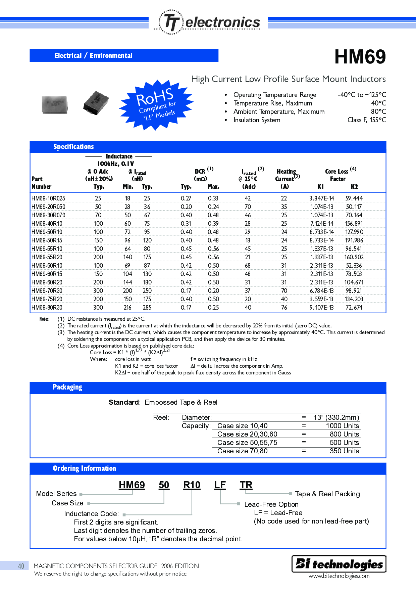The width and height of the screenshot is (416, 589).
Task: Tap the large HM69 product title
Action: pyautogui.click(x=360, y=57)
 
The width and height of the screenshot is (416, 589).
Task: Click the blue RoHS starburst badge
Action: pyautogui.click(x=156, y=105)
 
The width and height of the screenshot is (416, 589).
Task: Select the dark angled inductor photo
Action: pyautogui.click(x=96, y=103)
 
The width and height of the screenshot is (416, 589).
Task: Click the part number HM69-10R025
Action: pyautogui.click(x=48, y=198)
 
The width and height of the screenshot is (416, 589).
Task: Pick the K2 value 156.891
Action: pyautogui.click(x=354, y=224)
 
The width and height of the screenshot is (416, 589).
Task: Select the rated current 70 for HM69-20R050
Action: pyautogui.click(x=248, y=207)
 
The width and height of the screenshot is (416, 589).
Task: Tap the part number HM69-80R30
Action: pyautogui.click(x=47, y=308)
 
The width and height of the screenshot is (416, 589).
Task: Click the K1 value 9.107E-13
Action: pyautogui.click(x=321, y=308)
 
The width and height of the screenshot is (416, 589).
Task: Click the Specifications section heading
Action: pyautogui.click(x=73, y=147)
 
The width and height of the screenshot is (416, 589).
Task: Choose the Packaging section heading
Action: pyautogui.click(x=67, y=387)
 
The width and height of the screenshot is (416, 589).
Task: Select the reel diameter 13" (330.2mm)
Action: pyautogui.click(x=336, y=417)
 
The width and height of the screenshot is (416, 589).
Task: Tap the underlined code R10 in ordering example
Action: pyautogui.click(x=192, y=485)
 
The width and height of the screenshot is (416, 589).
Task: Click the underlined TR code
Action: pyautogui.click(x=246, y=485)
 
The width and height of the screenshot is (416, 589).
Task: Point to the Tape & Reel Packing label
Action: pyautogui.click(x=327, y=494)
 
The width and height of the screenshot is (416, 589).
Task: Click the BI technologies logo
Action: pyautogui.click(x=339, y=564)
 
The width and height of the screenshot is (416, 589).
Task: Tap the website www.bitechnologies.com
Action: pyautogui.click(x=339, y=576)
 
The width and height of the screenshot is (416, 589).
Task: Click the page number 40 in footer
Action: pyautogui.click(x=21, y=566)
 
